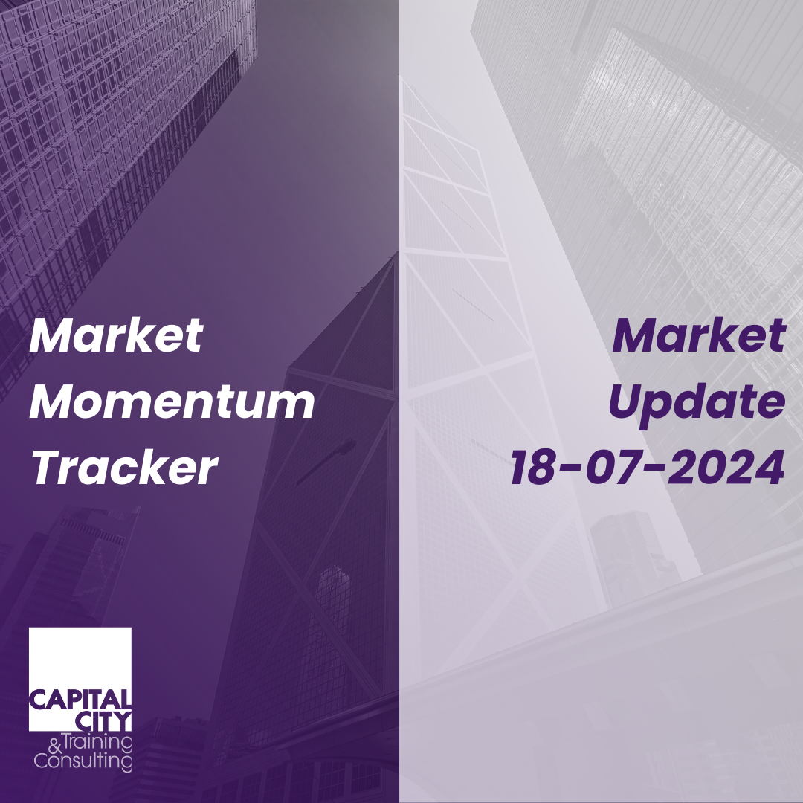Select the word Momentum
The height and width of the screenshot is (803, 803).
pos(172,402)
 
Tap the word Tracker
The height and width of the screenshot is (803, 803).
pos(124,467)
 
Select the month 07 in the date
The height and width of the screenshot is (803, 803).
pos(612,467)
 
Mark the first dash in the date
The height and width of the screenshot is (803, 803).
pos(571,468)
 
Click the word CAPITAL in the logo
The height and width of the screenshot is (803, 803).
pos(80,700)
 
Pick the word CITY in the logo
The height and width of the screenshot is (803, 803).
pos(103,720)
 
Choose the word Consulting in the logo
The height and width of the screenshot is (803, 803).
pos(83,761)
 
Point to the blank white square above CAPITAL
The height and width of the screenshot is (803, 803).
pos(80,658)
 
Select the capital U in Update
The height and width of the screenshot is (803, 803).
pos(626,402)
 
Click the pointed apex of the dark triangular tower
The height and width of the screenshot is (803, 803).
pos(396,255)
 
